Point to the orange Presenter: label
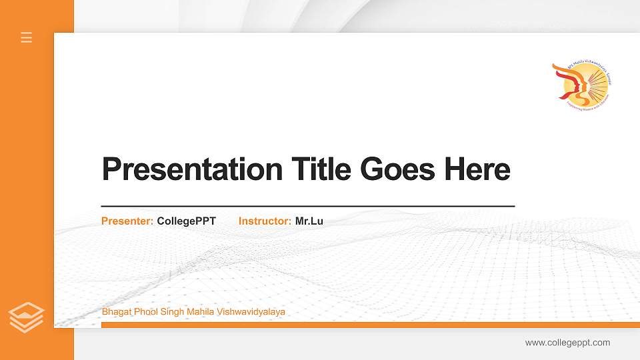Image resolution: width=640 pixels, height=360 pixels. pyautogui.click(x=127, y=221)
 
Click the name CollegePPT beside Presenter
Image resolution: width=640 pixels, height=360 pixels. pyautogui.click(x=187, y=221)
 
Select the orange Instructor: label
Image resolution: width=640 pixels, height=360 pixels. pyautogui.click(x=265, y=221)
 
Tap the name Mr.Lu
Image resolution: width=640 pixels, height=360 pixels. pyautogui.click(x=309, y=221)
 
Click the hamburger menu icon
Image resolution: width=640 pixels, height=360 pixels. pyautogui.click(x=27, y=37)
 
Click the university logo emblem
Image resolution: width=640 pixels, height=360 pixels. pyautogui.click(x=581, y=85)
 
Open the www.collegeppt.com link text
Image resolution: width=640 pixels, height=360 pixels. pyautogui.click(x=567, y=343)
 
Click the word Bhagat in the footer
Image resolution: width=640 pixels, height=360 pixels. pyautogui.click(x=115, y=311)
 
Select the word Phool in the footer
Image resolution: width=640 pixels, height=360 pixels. pyautogui.click(x=144, y=311)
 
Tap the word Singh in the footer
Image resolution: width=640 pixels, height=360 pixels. pyautogui.click(x=171, y=311)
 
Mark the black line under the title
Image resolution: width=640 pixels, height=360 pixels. pyautogui.click(x=308, y=206)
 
